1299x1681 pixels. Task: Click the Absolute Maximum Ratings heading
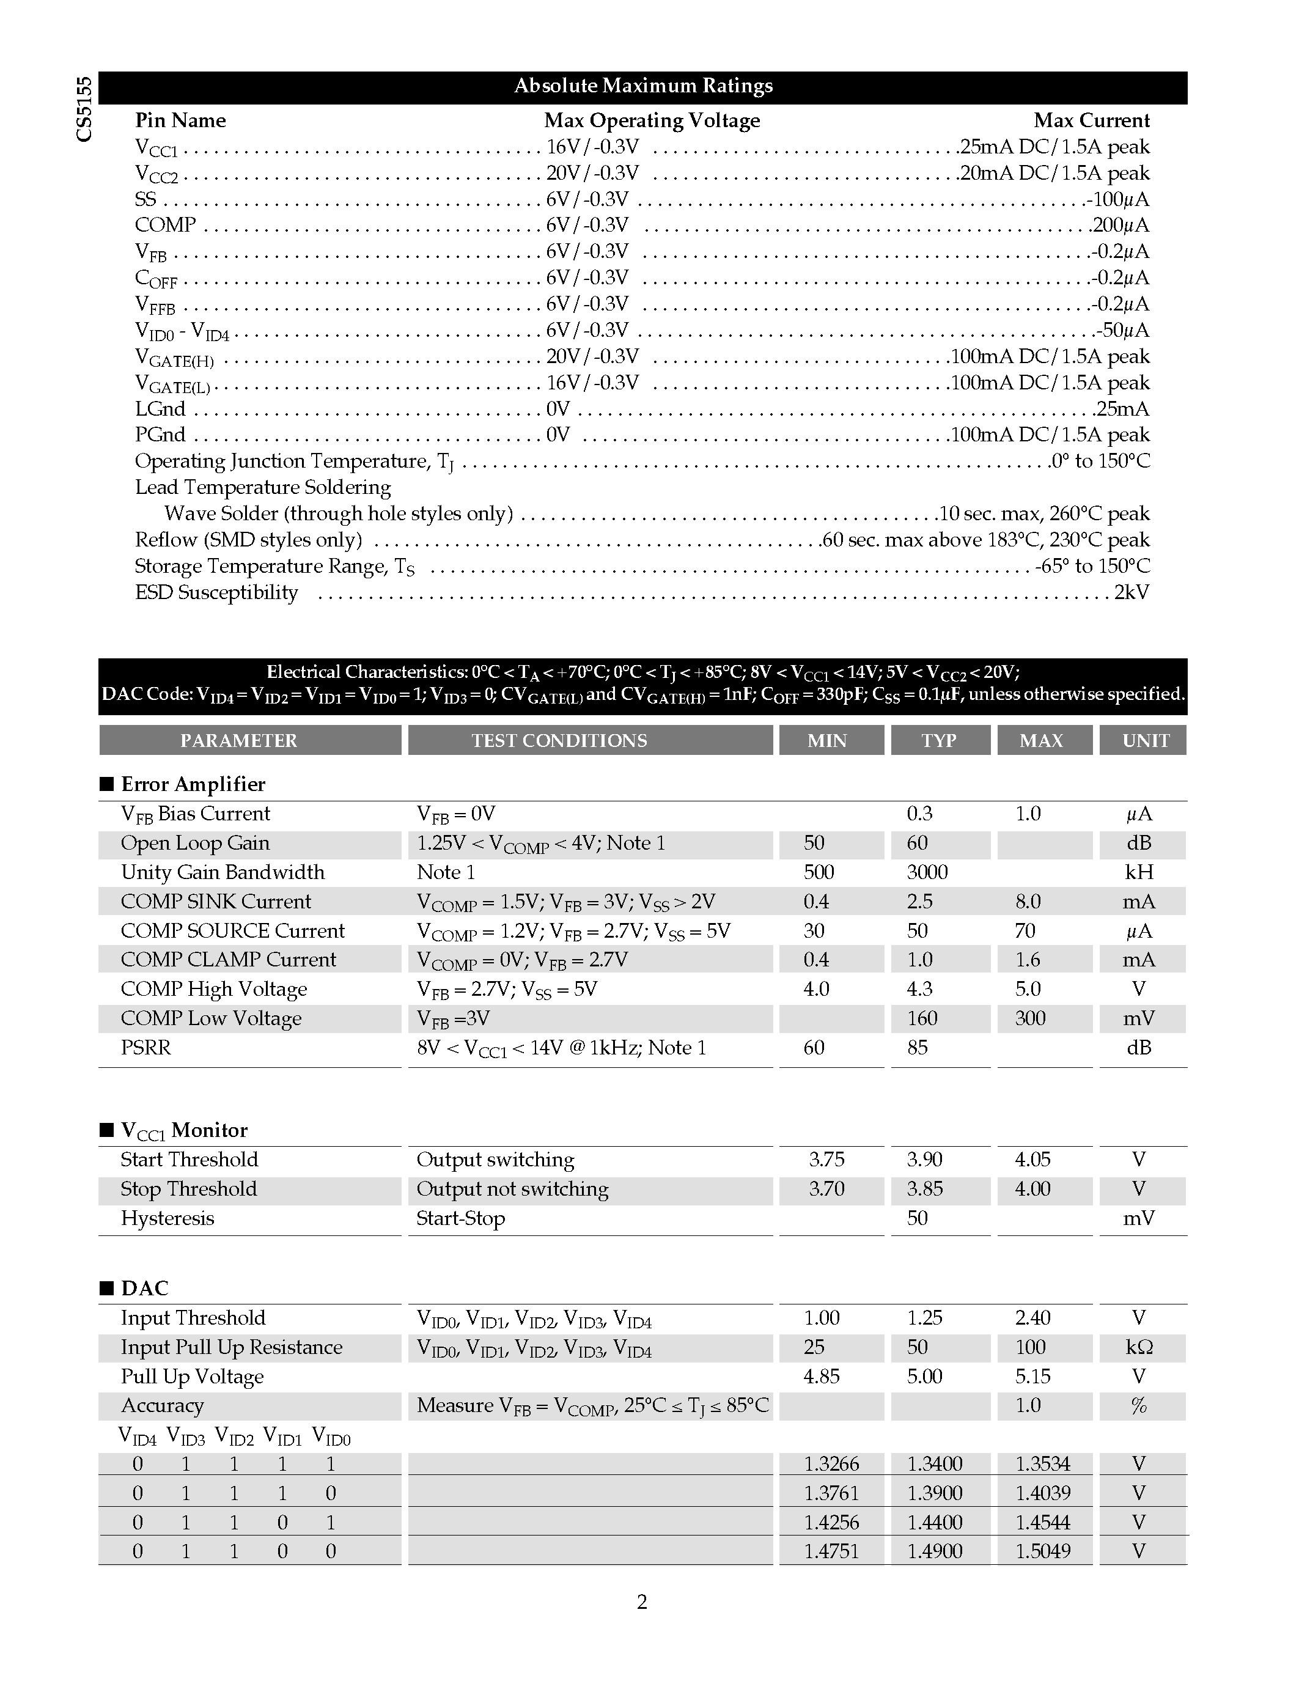coord(642,86)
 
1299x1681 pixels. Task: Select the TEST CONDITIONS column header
coord(559,740)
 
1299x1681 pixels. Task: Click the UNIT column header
coord(1145,740)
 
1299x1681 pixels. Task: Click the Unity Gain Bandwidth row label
coord(223,872)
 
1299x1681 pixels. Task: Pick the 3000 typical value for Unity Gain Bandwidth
coord(927,872)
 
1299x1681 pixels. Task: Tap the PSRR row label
coord(145,1048)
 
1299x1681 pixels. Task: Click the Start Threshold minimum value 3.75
coord(826,1160)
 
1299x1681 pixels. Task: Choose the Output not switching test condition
coord(512,1189)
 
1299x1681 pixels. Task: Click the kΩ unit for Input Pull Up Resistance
coord(1139,1348)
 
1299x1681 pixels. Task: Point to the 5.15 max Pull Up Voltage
coord(1032,1377)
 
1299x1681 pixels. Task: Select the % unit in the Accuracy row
coord(1139,1406)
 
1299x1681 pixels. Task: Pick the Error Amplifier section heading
coord(193,784)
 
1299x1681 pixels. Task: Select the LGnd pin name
coord(160,409)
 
